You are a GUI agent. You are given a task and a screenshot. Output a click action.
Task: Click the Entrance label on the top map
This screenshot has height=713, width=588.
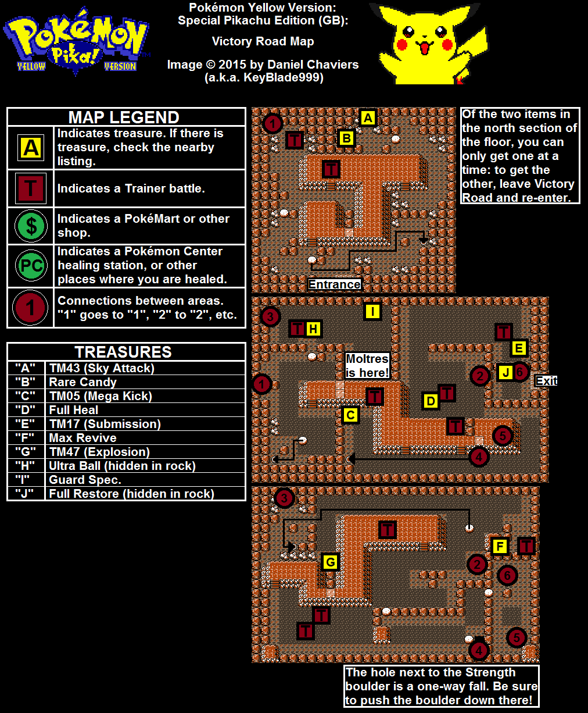(x=335, y=284)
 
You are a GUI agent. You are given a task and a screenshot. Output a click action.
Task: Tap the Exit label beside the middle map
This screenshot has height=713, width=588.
(x=546, y=381)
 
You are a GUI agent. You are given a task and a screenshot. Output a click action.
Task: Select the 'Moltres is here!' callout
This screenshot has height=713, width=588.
(x=367, y=366)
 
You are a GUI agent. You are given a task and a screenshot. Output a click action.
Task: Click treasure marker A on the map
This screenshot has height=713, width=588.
(x=368, y=118)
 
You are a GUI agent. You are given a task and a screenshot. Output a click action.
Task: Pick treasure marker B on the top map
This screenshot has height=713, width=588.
(x=346, y=138)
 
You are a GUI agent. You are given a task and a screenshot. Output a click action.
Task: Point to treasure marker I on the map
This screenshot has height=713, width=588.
(x=372, y=311)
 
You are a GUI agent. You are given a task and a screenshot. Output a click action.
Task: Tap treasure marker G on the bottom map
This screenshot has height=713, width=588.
(x=331, y=562)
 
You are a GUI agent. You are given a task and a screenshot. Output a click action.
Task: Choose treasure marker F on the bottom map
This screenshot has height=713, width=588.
(x=500, y=546)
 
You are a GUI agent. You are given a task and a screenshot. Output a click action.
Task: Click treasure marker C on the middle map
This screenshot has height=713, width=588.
(x=350, y=415)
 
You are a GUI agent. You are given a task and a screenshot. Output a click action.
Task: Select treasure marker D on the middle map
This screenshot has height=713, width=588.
(x=431, y=401)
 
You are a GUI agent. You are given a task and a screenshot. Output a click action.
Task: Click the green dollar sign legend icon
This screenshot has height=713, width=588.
(x=31, y=226)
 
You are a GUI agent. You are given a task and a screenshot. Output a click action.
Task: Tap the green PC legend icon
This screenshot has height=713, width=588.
(x=31, y=266)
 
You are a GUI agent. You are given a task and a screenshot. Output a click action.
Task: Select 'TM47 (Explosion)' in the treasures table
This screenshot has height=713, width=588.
(x=100, y=452)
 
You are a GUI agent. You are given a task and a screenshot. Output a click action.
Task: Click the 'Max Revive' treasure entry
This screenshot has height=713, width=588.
(x=83, y=438)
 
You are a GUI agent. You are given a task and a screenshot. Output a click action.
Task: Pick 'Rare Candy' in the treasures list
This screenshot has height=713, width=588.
(x=83, y=382)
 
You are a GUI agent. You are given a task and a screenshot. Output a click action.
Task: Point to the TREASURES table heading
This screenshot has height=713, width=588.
(x=123, y=352)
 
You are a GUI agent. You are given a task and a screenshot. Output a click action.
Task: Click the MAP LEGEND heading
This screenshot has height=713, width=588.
(x=124, y=117)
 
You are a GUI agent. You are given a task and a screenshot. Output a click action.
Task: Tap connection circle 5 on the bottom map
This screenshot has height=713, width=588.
(x=517, y=637)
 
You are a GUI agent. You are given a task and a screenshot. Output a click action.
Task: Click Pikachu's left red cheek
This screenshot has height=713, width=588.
(x=402, y=44)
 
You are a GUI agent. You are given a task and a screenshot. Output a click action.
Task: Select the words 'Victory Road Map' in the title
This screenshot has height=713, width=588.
(x=263, y=41)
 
